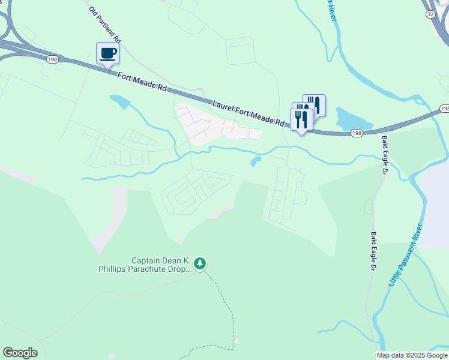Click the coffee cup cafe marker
pos(108,53)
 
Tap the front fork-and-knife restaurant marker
pos(301,119)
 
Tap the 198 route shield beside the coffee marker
pos(52,58)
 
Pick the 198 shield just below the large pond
pos(357,133)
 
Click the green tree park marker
pos(200,263)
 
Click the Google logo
pos(20,353)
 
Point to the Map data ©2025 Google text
pos(412,355)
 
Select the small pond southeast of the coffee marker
pos(120,101)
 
